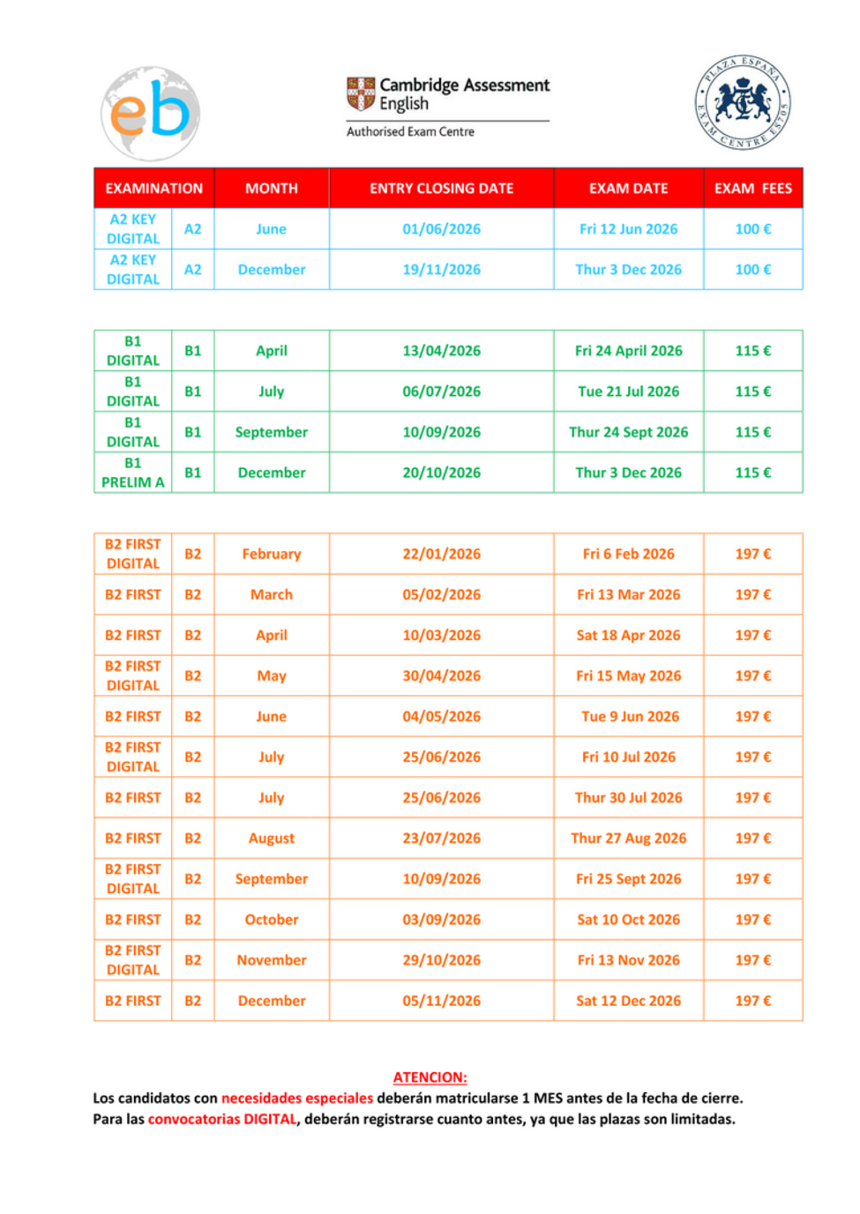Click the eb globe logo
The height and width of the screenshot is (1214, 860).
pyautogui.click(x=151, y=114)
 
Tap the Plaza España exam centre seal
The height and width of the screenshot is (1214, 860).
pyautogui.click(x=743, y=102)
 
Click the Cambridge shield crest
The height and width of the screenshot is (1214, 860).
pyautogui.click(x=360, y=93)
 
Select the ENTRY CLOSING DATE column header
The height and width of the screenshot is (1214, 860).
pyautogui.click(x=441, y=188)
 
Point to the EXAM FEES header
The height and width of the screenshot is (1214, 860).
pyautogui.click(x=752, y=188)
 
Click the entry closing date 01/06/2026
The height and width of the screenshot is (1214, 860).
pyautogui.click(x=441, y=229)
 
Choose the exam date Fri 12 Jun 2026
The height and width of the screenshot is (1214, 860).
pyautogui.click(x=628, y=229)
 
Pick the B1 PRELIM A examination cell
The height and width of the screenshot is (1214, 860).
pyautogui.click(x=133, y=473)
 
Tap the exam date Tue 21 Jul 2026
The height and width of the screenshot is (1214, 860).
pyautogui.click(x=628, y=391)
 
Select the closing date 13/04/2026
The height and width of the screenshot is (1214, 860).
pyautogui.click(x=441, y=351)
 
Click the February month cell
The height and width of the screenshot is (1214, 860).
pyautogui.click(x=272, y=554)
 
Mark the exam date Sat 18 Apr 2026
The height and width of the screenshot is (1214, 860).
pyautogui.click(x=628, y=635)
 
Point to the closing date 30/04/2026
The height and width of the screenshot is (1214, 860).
pyautogui.click(x=441, y=675)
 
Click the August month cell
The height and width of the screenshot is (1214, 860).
pyautogui.click(x=272, y=838)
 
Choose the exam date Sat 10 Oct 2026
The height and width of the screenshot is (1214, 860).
pyautogui.click(x=628, y=920)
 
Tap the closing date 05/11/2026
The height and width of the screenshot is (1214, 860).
pyautogui.click(x=441, y=1001)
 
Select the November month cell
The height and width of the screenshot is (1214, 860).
pyautogui.click(x=272, y=960)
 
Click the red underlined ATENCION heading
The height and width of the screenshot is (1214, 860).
pyautogui.click(x=430, y=1077)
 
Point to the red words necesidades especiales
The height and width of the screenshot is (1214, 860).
pyautogui.click(x=297, y=1099)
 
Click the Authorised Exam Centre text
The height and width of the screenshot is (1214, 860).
pyautogui.click(x=410, y=131)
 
